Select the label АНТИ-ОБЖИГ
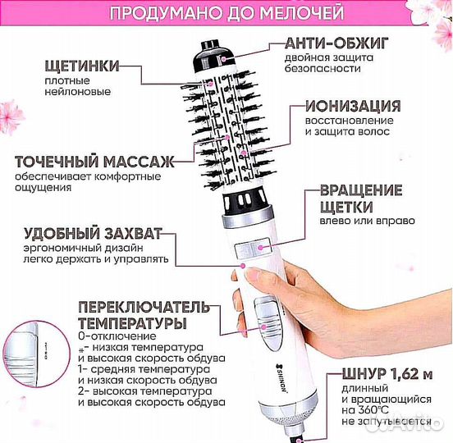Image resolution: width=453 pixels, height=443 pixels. click(347, 43)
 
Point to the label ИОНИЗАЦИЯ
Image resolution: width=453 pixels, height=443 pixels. click(353, 107)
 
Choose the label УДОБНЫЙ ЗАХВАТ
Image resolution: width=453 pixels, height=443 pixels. click(93, 232)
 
